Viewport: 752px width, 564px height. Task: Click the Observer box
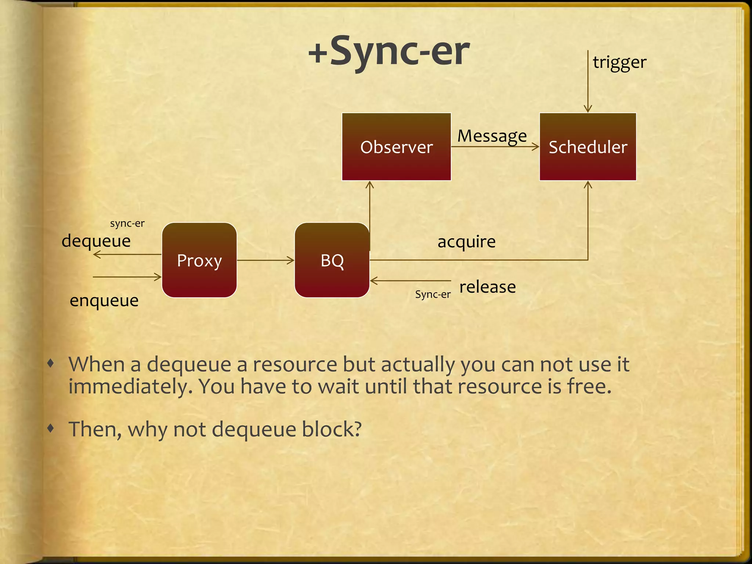click(x=396, y=147)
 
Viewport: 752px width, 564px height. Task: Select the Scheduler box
click(x=587, y=147)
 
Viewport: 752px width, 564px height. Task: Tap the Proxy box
click(x=199, y=260)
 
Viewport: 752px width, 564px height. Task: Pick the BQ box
click(x=332, y=260)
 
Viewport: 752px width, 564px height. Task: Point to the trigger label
click(x=619, y=62)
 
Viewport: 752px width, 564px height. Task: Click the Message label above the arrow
click(x=492, y=136)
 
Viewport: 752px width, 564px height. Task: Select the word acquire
click(x=466, y=242)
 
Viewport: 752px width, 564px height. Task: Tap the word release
click(x=487, y=287)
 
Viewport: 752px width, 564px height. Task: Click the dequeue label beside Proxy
click(x=96, y=241)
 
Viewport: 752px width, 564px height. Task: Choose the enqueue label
click(x=104, y=301)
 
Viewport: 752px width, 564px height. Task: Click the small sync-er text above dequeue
click(x=127, y=223)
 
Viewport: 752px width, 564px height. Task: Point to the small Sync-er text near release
click(x=433, y=294)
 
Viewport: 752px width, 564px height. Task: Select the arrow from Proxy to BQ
click(x=265, y=260)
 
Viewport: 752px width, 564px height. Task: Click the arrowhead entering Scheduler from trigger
click(x=587, y=109)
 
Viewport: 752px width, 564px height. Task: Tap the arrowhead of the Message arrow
click(x=536, y=147)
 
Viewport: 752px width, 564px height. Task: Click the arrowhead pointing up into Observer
click(x=370, y=184)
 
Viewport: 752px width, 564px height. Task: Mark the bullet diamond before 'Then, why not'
click(x=51, y=428)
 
